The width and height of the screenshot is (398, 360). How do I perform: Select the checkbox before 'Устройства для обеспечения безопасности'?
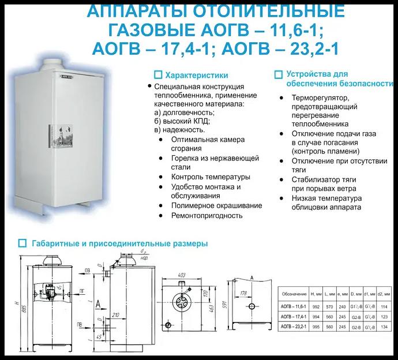pyautogui.click(x=278, y=74)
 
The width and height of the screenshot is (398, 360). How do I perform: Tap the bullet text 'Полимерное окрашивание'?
pyautogui.click(x=216, y=205)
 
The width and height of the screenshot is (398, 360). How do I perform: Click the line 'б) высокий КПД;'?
pyautogui.click(x=182, y=121)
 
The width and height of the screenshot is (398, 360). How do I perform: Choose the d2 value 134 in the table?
pyautogui.click(x=382, y=328)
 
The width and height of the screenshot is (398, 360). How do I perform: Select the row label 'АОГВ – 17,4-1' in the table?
pyautogui.click(x=294, y=318)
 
